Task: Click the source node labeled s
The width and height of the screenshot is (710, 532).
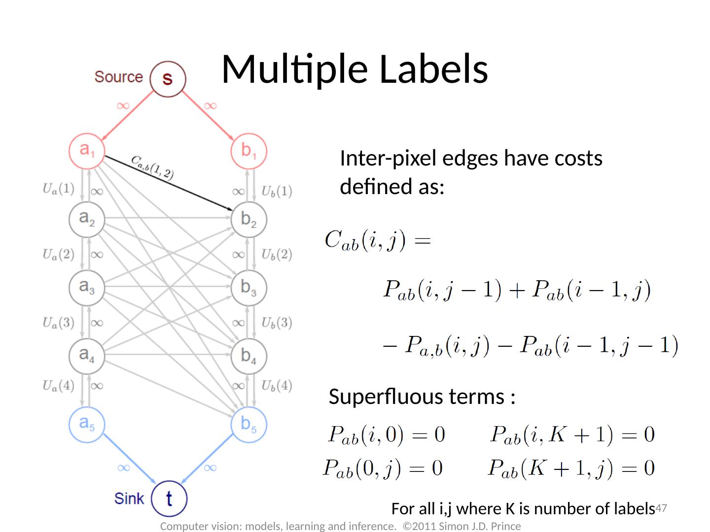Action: coord(168,78)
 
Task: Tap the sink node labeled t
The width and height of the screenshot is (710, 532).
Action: coord(169,498)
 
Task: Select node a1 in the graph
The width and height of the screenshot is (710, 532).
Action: coord(87,150)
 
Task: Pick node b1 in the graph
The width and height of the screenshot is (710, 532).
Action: coord(248,150)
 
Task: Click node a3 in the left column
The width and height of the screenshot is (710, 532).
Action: coord(87,287)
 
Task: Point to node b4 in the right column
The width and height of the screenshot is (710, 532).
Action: coord(248,356)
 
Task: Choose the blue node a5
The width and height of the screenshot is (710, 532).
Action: coord(87,424)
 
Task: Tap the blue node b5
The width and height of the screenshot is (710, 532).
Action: coord(248,424)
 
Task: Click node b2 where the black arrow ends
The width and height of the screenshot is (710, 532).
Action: coord(248,219)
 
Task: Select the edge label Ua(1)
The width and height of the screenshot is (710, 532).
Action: coord(58,189)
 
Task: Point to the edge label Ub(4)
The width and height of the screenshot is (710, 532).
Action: coord(277,386)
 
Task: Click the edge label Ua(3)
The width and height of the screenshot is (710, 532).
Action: coord(58,323)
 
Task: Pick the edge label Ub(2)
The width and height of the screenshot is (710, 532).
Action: coord(277,255)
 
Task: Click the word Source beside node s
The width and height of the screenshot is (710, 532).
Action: coord(118,77)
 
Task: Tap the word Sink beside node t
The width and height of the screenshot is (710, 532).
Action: coord(129,499)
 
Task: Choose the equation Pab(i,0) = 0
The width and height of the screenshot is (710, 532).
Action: coord(386,435)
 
